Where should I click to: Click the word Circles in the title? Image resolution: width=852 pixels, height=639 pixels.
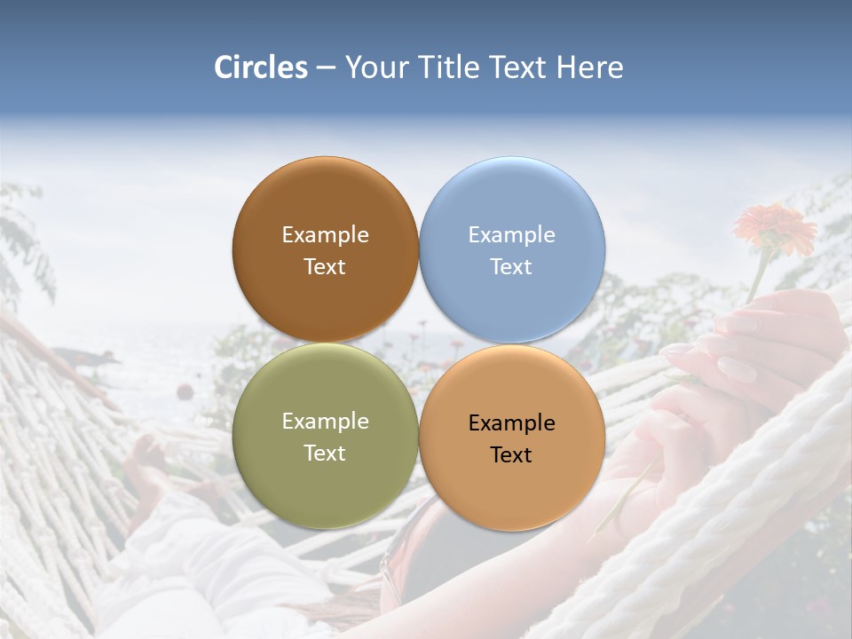tap(261, 67)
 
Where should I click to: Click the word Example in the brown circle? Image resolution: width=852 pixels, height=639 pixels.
tap(325, 235)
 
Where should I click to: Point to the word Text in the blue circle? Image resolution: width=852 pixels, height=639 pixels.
tap(511, 267)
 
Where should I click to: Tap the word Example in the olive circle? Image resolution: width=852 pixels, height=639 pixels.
tap(325, 422)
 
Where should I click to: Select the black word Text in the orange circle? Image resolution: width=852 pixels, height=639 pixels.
tap(511, 455)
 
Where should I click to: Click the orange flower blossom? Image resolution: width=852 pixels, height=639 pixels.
tap(775, 225)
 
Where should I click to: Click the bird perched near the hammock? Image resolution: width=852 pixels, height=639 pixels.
tap(89, 359)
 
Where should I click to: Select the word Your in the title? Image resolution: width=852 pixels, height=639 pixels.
tap(375, 67)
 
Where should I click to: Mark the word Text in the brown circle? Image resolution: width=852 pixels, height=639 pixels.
tap(325, 267)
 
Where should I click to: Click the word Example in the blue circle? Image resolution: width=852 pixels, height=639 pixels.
tap(511, 235)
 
